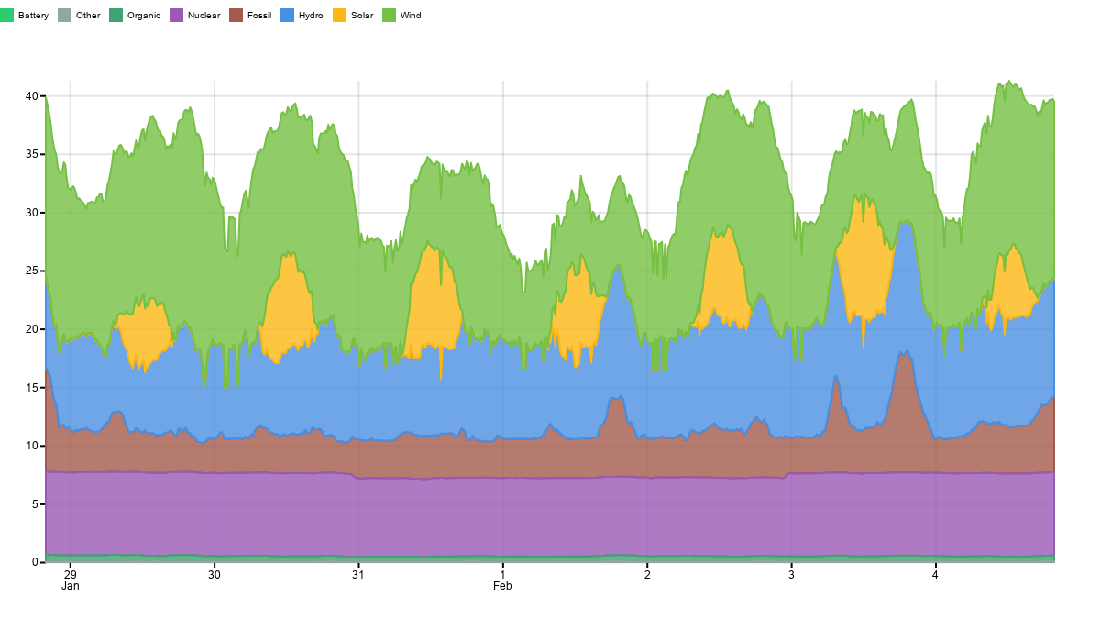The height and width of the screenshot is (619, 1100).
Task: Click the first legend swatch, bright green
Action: tap(6, 15)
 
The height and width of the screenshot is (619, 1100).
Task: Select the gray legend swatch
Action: tap(64, 15)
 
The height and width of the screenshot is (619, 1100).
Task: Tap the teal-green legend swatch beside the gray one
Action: tap(115, 15)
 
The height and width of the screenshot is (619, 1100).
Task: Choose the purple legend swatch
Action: tap(176, 15)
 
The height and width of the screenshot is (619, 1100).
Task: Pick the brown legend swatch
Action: tap(236, 15)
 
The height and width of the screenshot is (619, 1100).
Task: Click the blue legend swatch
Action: tap(287, 15)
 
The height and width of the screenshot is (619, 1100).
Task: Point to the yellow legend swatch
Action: tap(339, 15)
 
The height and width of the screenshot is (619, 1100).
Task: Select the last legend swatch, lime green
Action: tap(389, 15)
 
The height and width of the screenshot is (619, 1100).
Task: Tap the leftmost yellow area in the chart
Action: tap(145, 332)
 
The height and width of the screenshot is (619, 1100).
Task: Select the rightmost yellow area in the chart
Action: tap(1010, 284)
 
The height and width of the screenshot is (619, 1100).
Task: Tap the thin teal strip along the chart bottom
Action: tap(550, 558)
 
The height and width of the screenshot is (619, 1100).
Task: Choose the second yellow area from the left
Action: tap(288, 307)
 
